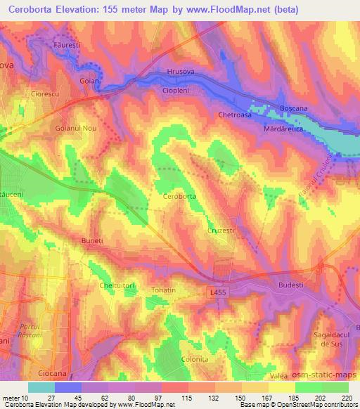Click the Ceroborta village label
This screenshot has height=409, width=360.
(179, 197)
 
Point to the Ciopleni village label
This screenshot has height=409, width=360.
(176, 91)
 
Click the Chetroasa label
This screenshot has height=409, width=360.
(235, 115)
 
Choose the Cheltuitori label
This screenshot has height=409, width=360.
(116, 285)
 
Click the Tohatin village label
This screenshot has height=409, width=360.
(163, 290)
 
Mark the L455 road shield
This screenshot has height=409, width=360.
(217, 290)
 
